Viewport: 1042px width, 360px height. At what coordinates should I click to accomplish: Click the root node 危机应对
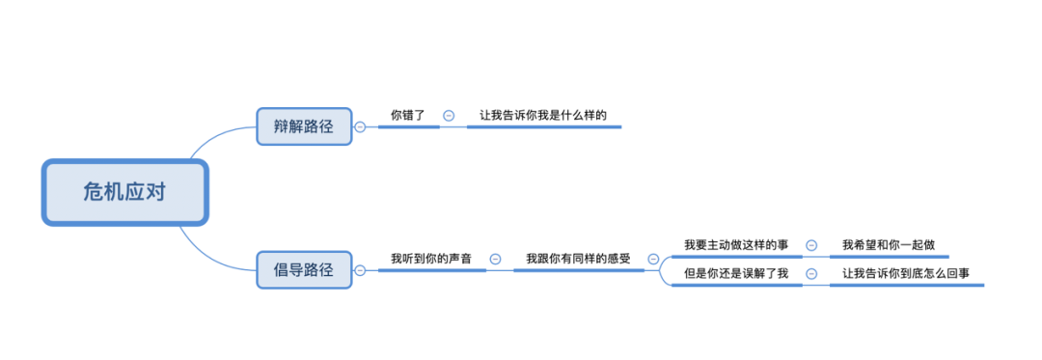coord(124,192)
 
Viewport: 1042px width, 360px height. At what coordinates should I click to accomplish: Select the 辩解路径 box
coord(304,126)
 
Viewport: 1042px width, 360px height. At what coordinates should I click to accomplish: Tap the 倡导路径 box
coord(304,270)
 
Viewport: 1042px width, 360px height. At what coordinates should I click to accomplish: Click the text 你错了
coord(407,115)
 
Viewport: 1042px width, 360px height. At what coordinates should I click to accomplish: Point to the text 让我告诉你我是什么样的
coord(542,115)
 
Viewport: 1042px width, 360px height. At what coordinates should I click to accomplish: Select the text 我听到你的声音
coord(431,259)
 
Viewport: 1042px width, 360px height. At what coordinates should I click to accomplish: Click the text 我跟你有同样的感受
coord(578,259)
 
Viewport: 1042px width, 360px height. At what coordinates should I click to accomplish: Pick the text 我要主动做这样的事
coord(736,245)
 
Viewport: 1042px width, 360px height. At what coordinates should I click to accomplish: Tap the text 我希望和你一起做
coord(888,245)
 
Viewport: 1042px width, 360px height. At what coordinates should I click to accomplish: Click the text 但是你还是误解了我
coord(736,273)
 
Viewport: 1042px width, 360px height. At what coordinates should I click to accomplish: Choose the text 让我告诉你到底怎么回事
coord(905,273)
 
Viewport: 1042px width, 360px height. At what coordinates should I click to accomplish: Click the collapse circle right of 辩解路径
coord(360,126)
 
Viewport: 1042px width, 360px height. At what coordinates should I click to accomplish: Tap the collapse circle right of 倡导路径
coord(360,270)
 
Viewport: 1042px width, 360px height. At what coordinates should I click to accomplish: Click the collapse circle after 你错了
coord(449,116)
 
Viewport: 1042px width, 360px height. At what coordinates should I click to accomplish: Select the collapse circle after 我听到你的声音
coord(495,259)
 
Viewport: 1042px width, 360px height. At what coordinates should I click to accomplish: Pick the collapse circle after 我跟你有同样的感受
coord(653,259)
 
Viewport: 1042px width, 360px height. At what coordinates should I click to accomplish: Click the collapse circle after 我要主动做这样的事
coord(811,245)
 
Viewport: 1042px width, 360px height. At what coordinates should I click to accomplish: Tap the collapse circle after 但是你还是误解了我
coord(811,273)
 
